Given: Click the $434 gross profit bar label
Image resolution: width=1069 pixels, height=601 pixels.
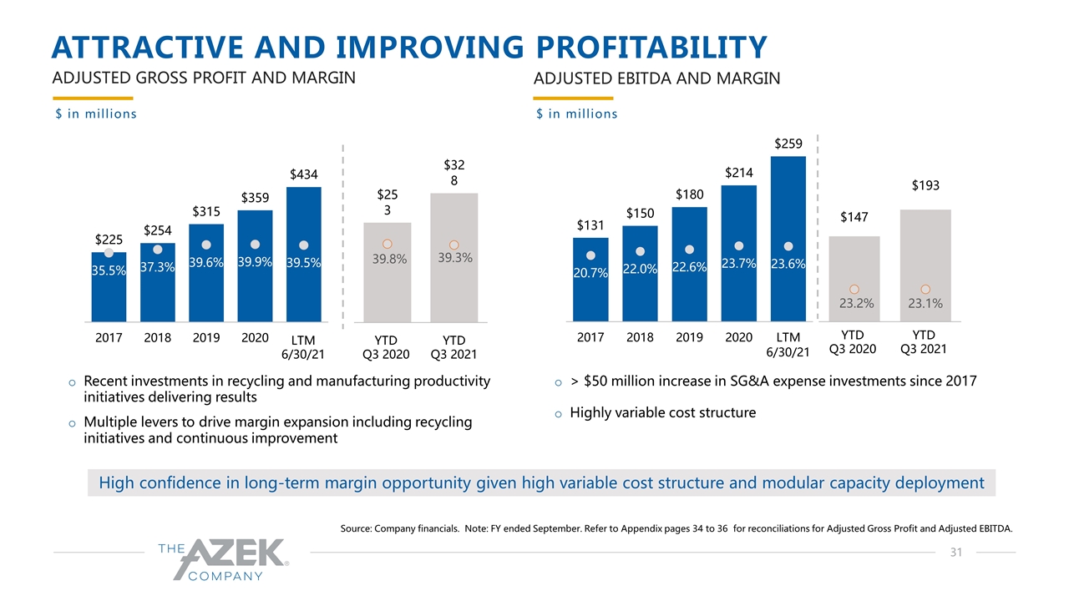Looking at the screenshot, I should point(303,174).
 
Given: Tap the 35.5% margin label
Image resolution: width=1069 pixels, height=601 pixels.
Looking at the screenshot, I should point(109,270).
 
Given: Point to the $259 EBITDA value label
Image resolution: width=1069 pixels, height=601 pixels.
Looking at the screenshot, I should point(788,144).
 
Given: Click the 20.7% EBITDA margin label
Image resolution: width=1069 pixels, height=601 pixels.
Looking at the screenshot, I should point(590,272).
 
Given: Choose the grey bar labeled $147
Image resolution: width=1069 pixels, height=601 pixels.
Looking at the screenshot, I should point(854,278).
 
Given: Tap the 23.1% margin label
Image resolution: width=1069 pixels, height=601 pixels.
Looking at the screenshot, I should point(925,304).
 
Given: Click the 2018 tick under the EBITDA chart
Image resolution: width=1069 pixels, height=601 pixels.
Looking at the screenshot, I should point(640,338).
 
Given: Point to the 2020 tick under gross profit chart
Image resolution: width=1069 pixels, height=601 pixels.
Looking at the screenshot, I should point(255,338).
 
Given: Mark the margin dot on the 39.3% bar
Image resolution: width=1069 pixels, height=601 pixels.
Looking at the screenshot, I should point(454,245).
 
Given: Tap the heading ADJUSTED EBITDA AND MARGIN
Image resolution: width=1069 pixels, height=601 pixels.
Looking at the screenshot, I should point(656,78).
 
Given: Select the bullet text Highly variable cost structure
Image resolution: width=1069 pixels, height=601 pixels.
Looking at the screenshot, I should point(662,412).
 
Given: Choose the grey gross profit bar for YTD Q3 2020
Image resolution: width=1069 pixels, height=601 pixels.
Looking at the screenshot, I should point(387,271).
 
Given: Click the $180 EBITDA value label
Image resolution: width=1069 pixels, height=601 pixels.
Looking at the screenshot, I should point(689,194).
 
